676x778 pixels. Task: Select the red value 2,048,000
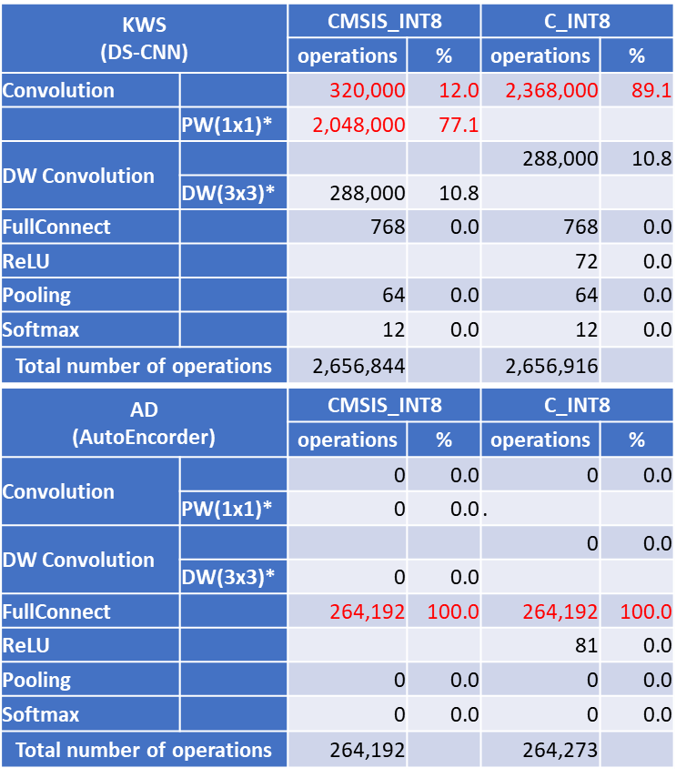coord(358,125)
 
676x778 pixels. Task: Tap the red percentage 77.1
coord(459,125)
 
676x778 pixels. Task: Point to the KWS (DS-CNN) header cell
coord(144,37)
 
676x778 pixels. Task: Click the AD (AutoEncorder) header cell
coord(144,423)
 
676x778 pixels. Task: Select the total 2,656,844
coord(358,366)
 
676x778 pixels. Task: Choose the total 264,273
coord(561,751)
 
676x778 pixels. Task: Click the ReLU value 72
coord(586,262)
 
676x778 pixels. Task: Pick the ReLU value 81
coord(586,646)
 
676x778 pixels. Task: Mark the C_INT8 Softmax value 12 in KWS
coord(586,330)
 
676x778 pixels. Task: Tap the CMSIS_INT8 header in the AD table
coord(383,406)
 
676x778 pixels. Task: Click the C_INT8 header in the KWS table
coord(577,21)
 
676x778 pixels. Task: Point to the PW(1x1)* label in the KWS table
coord(227,126)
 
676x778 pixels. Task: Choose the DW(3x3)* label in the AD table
coord(227,576)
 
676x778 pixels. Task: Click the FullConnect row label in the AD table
coord(56,611)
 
